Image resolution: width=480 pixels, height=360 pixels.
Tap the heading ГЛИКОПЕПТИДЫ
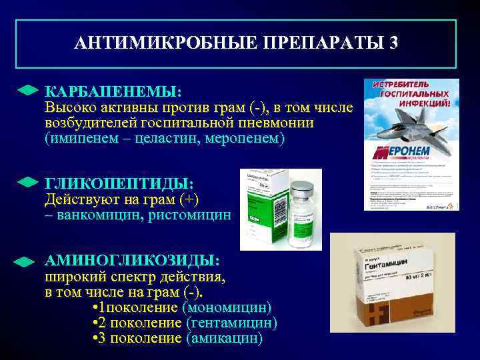click(119, 183)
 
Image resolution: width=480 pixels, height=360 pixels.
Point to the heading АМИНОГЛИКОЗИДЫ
click(131, 260)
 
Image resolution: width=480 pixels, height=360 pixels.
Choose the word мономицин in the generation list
click(230, 307)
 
